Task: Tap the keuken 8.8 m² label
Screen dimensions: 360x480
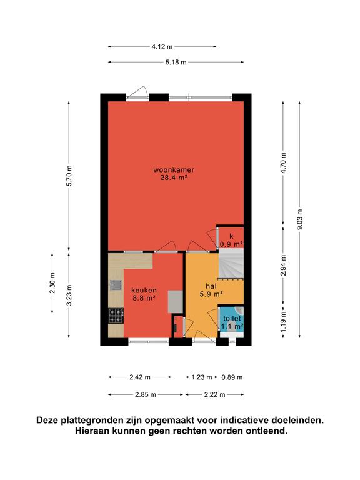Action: [x=144, y=294]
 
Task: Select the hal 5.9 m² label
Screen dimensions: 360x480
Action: [x=211, y=290]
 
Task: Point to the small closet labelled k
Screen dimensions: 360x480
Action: [x=231, y=240]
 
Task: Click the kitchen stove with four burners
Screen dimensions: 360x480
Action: [x=116, y=316]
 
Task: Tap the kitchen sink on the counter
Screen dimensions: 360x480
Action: [x=116, y=285]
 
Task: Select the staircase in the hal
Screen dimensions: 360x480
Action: [x=231, y=264]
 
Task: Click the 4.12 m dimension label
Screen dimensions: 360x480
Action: [x=162, y=47]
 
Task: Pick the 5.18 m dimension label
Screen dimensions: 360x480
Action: [x=176, y=62]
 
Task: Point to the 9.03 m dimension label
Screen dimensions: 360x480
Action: [x=300, y=219]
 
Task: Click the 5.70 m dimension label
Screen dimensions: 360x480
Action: [x=69, y=176]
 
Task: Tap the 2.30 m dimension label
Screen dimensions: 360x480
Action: [x=52, y=283]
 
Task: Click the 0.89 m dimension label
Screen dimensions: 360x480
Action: [x=232, y=377]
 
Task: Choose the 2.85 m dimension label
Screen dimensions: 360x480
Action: [x=146, y=395]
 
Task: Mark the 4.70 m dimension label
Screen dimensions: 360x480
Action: [x=284, y=163]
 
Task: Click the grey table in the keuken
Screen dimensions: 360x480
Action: [x=175, y=302]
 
